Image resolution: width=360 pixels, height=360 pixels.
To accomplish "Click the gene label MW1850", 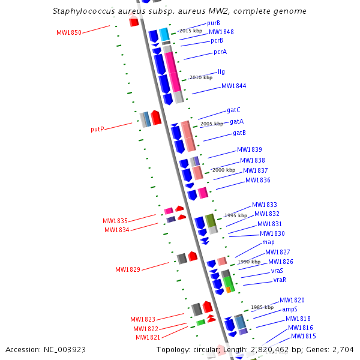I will (x=68, y=32).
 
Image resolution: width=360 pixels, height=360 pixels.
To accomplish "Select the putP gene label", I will (x=98, y=129).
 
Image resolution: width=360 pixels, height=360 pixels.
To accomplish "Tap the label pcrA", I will (x=220, y=52).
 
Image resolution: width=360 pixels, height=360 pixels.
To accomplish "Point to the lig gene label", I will (x=221, y=72).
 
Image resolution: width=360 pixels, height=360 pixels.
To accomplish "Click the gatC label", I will (x=233, y=110).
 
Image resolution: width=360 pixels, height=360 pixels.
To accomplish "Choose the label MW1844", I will (x=233, y=86).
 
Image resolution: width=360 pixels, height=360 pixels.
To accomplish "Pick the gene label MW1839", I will (x=249, y=150).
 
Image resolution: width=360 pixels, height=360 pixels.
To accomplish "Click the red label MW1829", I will (x=128, y=270).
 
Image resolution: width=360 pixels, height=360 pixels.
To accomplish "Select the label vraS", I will (x=277, y=271).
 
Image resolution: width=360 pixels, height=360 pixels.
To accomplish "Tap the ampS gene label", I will (x=290, y=310).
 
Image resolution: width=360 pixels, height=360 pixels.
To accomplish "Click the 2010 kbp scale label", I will (x=200, y=77).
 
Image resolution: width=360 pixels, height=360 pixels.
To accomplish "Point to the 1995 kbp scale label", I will (x=235, y=215).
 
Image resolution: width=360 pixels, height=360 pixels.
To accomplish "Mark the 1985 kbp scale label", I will (x=262, y=307).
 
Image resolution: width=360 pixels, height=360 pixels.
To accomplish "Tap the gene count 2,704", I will (x=341, y=349).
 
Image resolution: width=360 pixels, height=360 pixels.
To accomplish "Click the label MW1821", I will (x=148, y=337).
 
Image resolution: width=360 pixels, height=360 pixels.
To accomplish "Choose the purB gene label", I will (x=214, y=23).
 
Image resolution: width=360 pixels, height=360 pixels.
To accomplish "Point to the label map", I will (x=268, y=242).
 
